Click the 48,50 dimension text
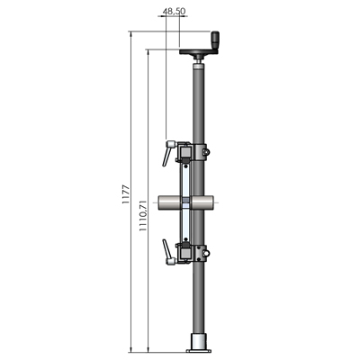pos(174,11)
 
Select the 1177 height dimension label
pos(126,194)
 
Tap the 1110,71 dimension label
pos(143,215)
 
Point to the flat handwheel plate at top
pos(199,52)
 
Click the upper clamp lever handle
pos(167,152)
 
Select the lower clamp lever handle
pos(167,252)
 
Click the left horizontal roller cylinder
pos(170,202)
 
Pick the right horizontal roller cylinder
pos(202,202)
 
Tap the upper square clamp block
pos(184,151)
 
